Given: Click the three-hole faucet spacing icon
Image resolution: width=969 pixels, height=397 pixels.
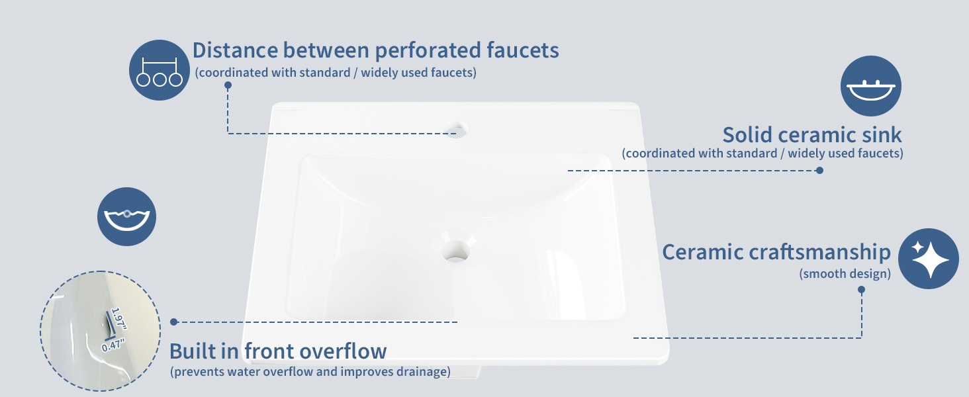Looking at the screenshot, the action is click(x=160, y=70).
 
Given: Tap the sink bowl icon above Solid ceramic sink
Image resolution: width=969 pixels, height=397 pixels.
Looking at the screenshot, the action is click(x=871, y=85).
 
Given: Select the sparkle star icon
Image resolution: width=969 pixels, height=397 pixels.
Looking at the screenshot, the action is click(x=929, y=259).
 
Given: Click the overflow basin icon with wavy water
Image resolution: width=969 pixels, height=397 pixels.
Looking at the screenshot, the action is click(x=126, y=216).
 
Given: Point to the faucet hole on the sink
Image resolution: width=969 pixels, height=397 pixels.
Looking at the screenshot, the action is click(x=457, y=129).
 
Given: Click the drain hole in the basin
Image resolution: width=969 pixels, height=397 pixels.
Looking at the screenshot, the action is click(x=455, y=251).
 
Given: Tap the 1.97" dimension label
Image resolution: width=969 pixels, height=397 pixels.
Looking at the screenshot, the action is click(x=118, y=319).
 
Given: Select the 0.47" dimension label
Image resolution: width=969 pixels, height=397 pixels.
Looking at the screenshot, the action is click(x=113, y=345).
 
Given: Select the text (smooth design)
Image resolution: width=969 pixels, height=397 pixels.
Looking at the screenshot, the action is click(x=845, y=274).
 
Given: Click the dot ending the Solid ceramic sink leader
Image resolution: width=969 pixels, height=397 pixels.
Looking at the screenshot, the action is click(x=819, y=171).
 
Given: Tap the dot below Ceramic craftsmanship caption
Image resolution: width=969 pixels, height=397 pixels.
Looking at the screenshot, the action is click(x=861, y=290).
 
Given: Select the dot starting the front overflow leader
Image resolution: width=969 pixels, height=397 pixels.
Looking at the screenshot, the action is click(x=174, y=322).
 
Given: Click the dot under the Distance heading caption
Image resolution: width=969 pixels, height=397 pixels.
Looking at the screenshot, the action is click(x=228, y=85).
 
